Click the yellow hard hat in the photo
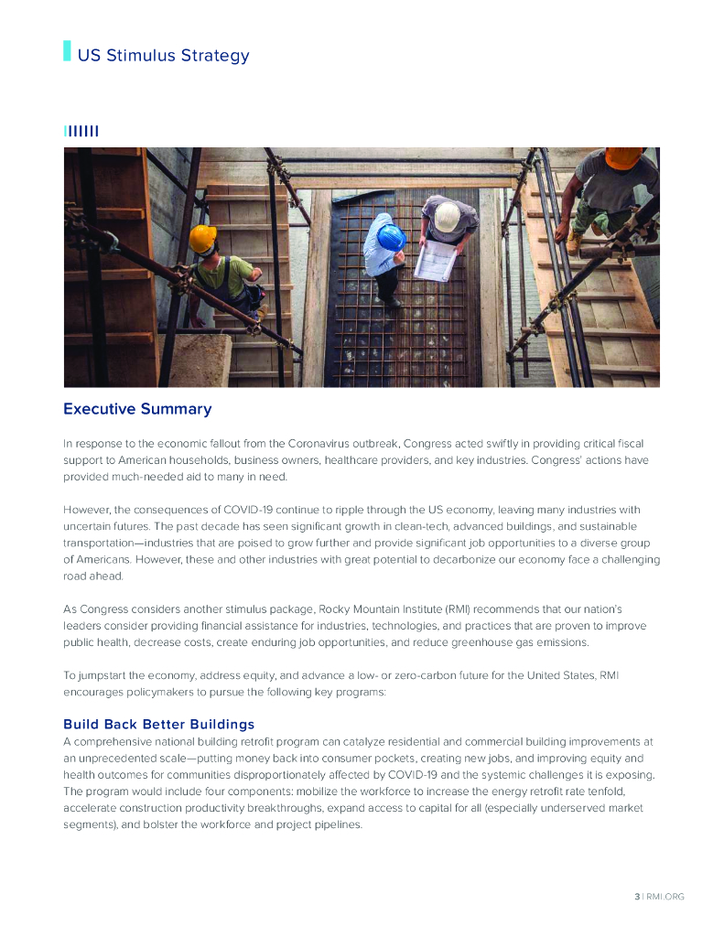pos(202,239)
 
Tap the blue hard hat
pos(391,238)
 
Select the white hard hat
pos(447,216)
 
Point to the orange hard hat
pos(624,157)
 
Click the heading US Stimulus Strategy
pos(163,55)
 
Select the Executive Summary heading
pos(137,409)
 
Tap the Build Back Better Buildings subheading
pos(159,725)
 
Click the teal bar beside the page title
pos(67,51)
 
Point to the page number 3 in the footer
pos(637,897)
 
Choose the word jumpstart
pos(105,675)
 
